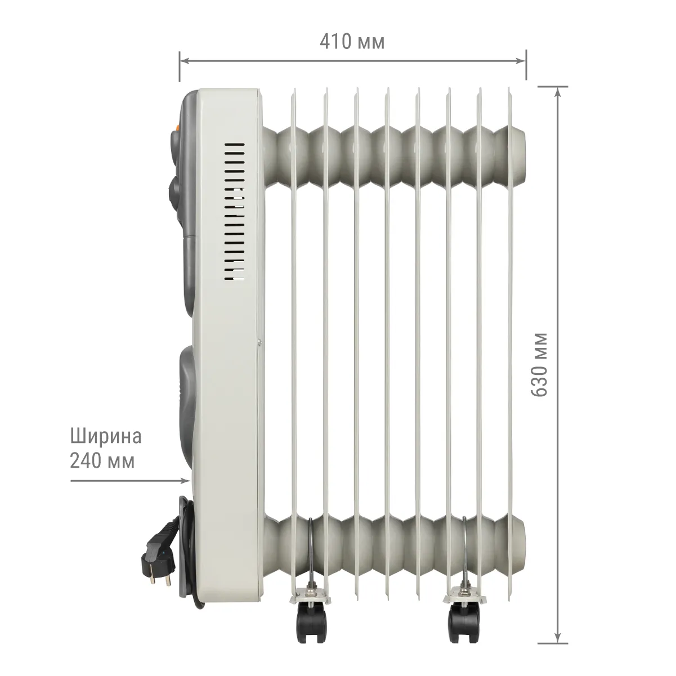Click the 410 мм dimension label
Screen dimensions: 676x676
point(352,42)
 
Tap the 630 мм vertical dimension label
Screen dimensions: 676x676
point(539,365)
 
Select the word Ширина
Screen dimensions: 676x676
point(106,436)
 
